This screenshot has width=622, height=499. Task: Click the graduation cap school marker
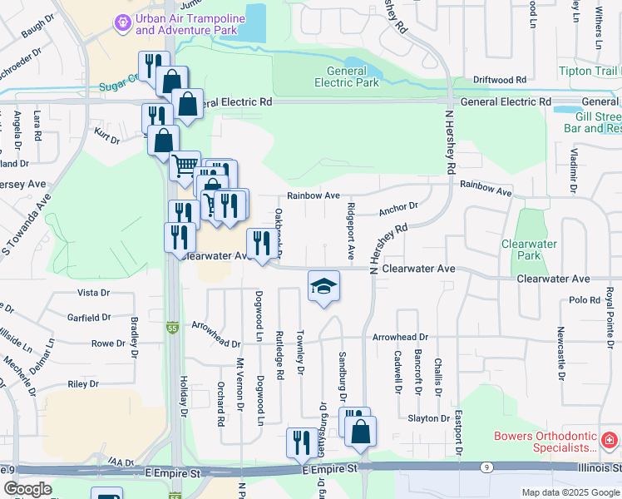(x=323, y=287)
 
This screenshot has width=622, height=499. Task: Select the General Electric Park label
(x=347, y=77)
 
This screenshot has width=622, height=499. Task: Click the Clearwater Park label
(x=529, y=249)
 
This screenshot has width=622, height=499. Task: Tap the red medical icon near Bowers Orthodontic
(x=608, y=437)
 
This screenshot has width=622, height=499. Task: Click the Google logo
(x=27, y=489)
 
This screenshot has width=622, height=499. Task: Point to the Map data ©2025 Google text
(x=570, y=492)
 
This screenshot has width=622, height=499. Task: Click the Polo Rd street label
(x=585, y=300)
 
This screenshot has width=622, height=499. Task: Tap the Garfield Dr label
(x=89, y=318)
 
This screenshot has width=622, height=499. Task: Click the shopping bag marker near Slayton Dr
(x=360, y=431)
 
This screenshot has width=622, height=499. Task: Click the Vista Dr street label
(x=93, y=293)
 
